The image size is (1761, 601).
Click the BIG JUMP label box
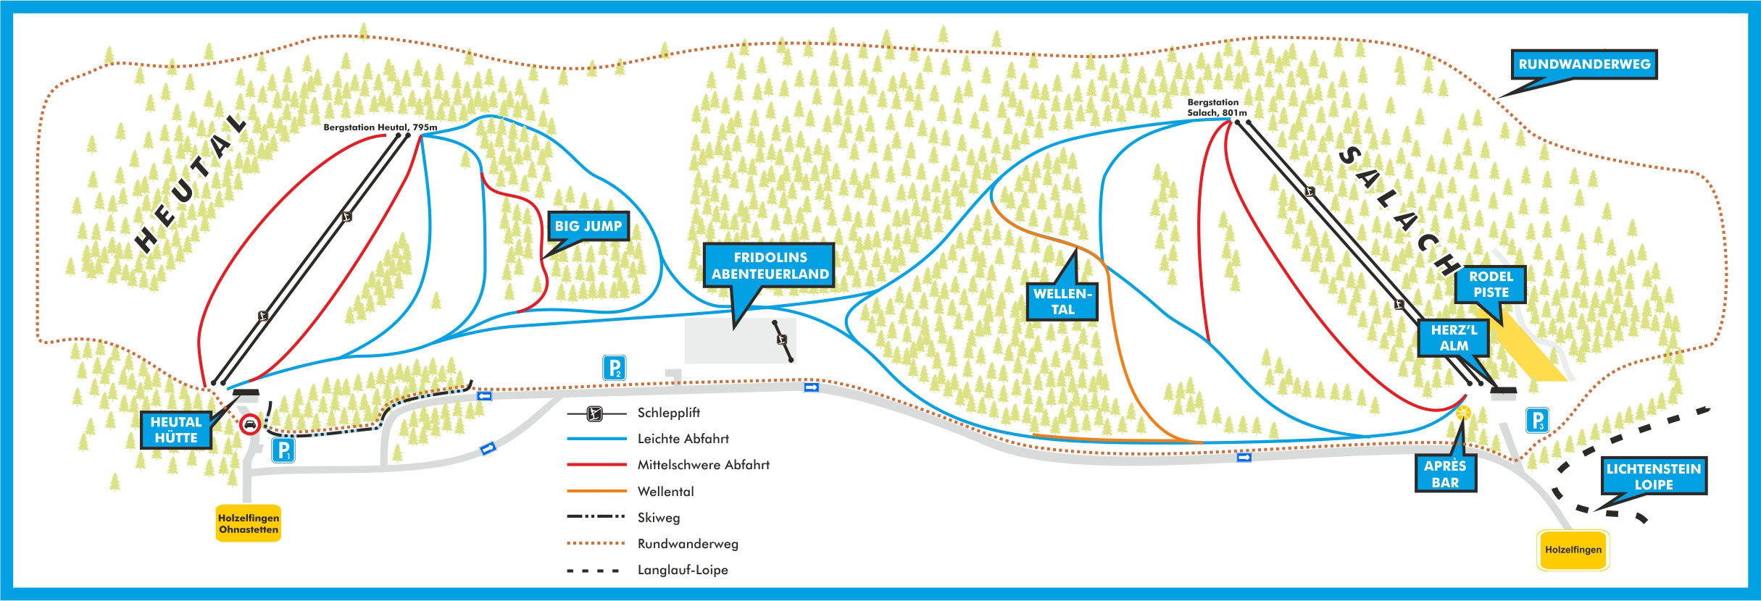pos(588,226)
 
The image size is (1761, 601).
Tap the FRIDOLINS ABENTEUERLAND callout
pos(770,266)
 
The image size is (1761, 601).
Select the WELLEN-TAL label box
pos(1062,301)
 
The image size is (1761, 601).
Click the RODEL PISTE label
pos(1491,285)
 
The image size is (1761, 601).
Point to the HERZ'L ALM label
pos(1454,338)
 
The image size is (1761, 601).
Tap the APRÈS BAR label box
pos(1445,474)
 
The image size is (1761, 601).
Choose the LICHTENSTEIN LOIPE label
pos(1653,476)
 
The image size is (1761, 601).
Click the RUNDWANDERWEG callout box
pos(1584,64)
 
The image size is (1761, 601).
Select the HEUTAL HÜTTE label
pos(176,430)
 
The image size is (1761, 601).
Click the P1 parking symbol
pos(283,450)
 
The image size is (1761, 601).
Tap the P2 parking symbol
pos(614,369)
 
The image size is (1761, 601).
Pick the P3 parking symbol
pos(1537,421)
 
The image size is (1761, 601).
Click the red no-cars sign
pos(250,424)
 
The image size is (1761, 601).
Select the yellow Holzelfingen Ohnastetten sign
pos(249,524)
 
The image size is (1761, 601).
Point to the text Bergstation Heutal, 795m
pos(380,127)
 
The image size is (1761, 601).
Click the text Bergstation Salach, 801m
pos(1217,108)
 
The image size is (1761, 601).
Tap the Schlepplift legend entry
pos(668,413)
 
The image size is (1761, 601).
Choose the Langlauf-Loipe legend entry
pos(682,570)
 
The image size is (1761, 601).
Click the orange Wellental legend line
pos(596,492)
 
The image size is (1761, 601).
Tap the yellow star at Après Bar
pos(1463,413)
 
